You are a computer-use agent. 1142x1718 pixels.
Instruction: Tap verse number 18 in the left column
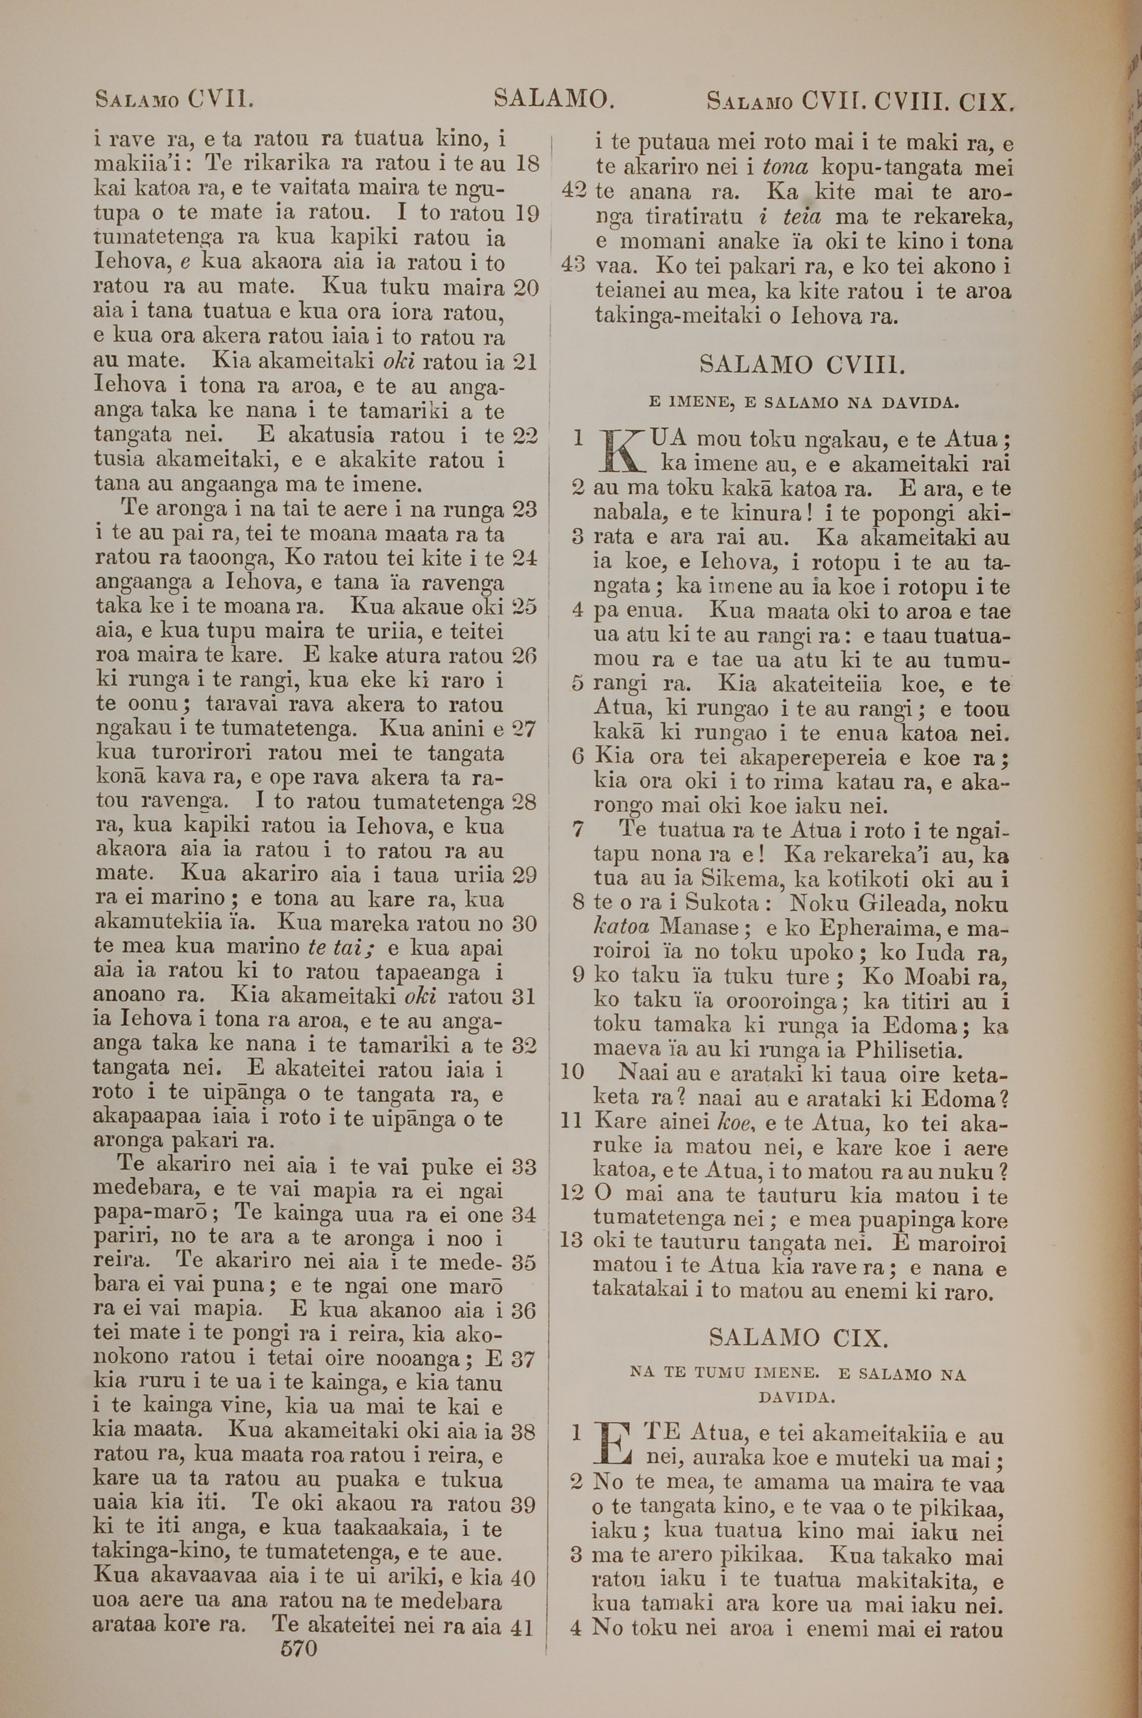click(526, 163)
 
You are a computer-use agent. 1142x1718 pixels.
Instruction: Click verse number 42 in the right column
click(576, 192)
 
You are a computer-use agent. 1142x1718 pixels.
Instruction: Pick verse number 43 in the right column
click(576, 266)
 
